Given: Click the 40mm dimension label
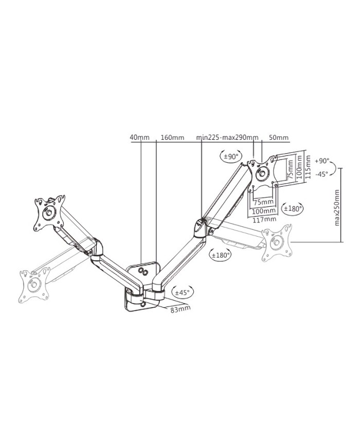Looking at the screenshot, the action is pos(139,137).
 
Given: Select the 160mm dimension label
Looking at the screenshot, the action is pos(172,137).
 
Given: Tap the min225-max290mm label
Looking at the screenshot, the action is pos(227,137).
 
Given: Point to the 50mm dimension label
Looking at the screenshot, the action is pos(278,137).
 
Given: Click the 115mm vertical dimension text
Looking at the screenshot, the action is pos(307,167).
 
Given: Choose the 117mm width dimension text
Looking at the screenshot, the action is pos(264,219).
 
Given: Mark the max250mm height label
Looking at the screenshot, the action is pos(337,207).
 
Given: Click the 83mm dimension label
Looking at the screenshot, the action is pos(181,309).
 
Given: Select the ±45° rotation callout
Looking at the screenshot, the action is pos(183,292).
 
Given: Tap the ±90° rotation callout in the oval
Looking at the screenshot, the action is pos(231,156).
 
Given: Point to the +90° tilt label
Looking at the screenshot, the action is pos(322,161).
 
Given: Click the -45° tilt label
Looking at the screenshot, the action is pos(322,174).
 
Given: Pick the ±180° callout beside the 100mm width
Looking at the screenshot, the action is pos(292,208).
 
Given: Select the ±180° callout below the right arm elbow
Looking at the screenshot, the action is pos(220,255).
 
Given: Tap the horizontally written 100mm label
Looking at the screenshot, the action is pos(264,211).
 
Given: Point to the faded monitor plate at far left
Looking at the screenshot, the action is pos(34,284).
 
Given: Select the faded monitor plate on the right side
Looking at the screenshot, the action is pos(277,243).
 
